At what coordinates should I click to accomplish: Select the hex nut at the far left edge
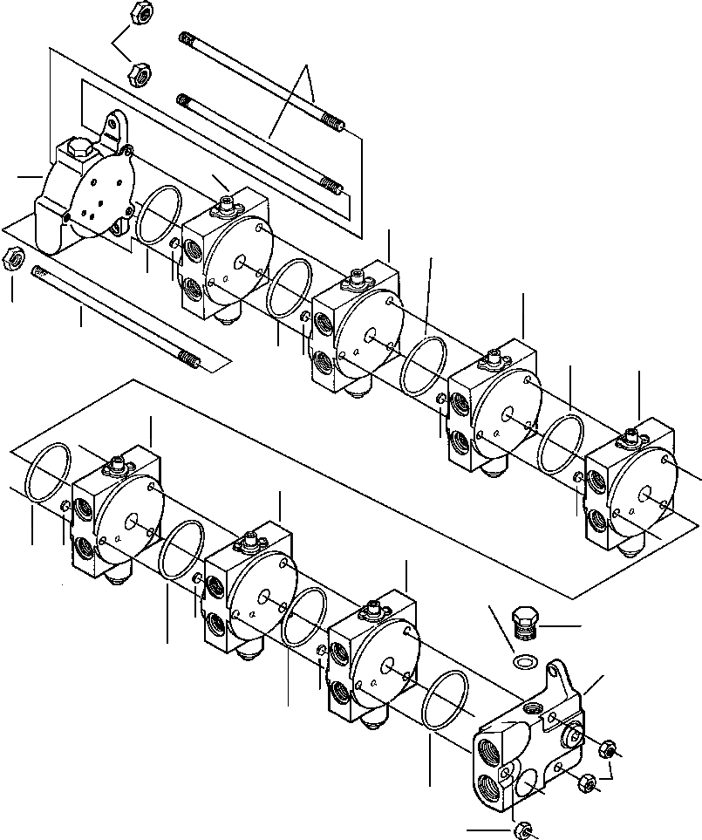[x=13, y=258]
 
